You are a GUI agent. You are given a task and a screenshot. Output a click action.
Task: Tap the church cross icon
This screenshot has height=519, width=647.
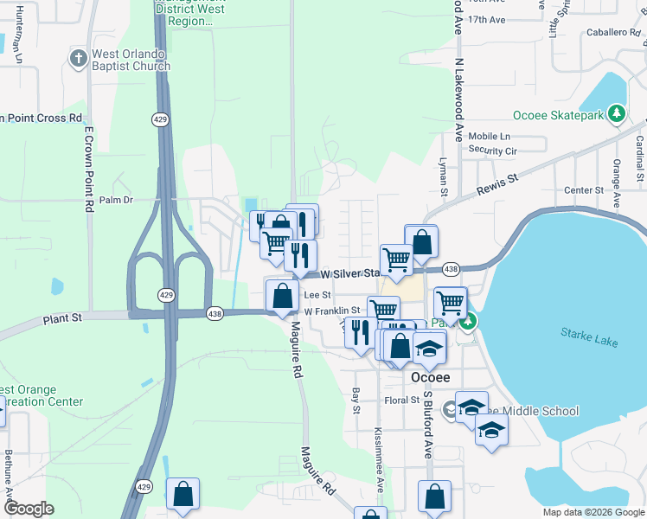tap(78, 59)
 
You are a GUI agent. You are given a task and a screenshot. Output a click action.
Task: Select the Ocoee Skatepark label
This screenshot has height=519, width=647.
tap(561, 115)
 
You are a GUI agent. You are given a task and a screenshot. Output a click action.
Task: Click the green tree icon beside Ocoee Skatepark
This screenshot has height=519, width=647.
tap(616, 114)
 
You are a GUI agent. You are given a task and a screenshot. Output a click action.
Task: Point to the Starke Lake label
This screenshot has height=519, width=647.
tap(589, 336)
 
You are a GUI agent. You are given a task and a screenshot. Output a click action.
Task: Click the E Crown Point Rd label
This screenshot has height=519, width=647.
tap(88, 170)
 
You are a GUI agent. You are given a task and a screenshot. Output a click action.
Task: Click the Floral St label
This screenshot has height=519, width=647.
tap(402, 400)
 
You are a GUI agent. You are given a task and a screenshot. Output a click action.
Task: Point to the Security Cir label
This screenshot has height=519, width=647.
tap(492, 151)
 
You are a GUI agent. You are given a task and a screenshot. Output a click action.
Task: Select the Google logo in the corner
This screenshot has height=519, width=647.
tap(29, 509)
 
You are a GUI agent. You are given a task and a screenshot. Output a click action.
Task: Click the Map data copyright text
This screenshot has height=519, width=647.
tap(594, 512)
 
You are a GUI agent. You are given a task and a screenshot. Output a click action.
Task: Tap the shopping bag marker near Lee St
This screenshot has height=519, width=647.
tap(282, 297)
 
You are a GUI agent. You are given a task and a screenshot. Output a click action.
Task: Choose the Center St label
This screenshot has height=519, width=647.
tap(583, 190)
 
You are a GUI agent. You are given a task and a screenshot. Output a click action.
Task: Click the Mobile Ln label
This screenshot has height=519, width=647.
tap(490, 137)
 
